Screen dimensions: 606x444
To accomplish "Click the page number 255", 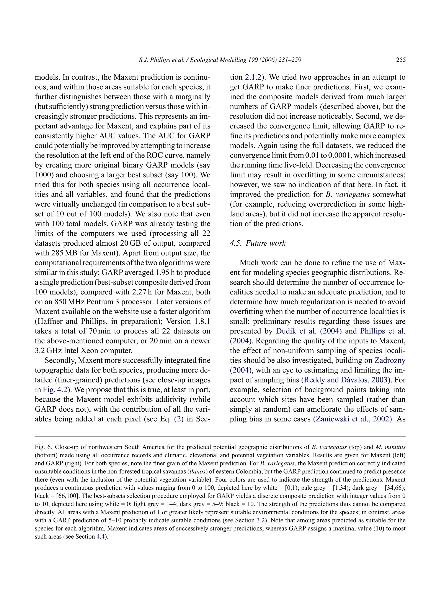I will [401, 60].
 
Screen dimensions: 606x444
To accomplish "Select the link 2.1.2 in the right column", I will [253, 77].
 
